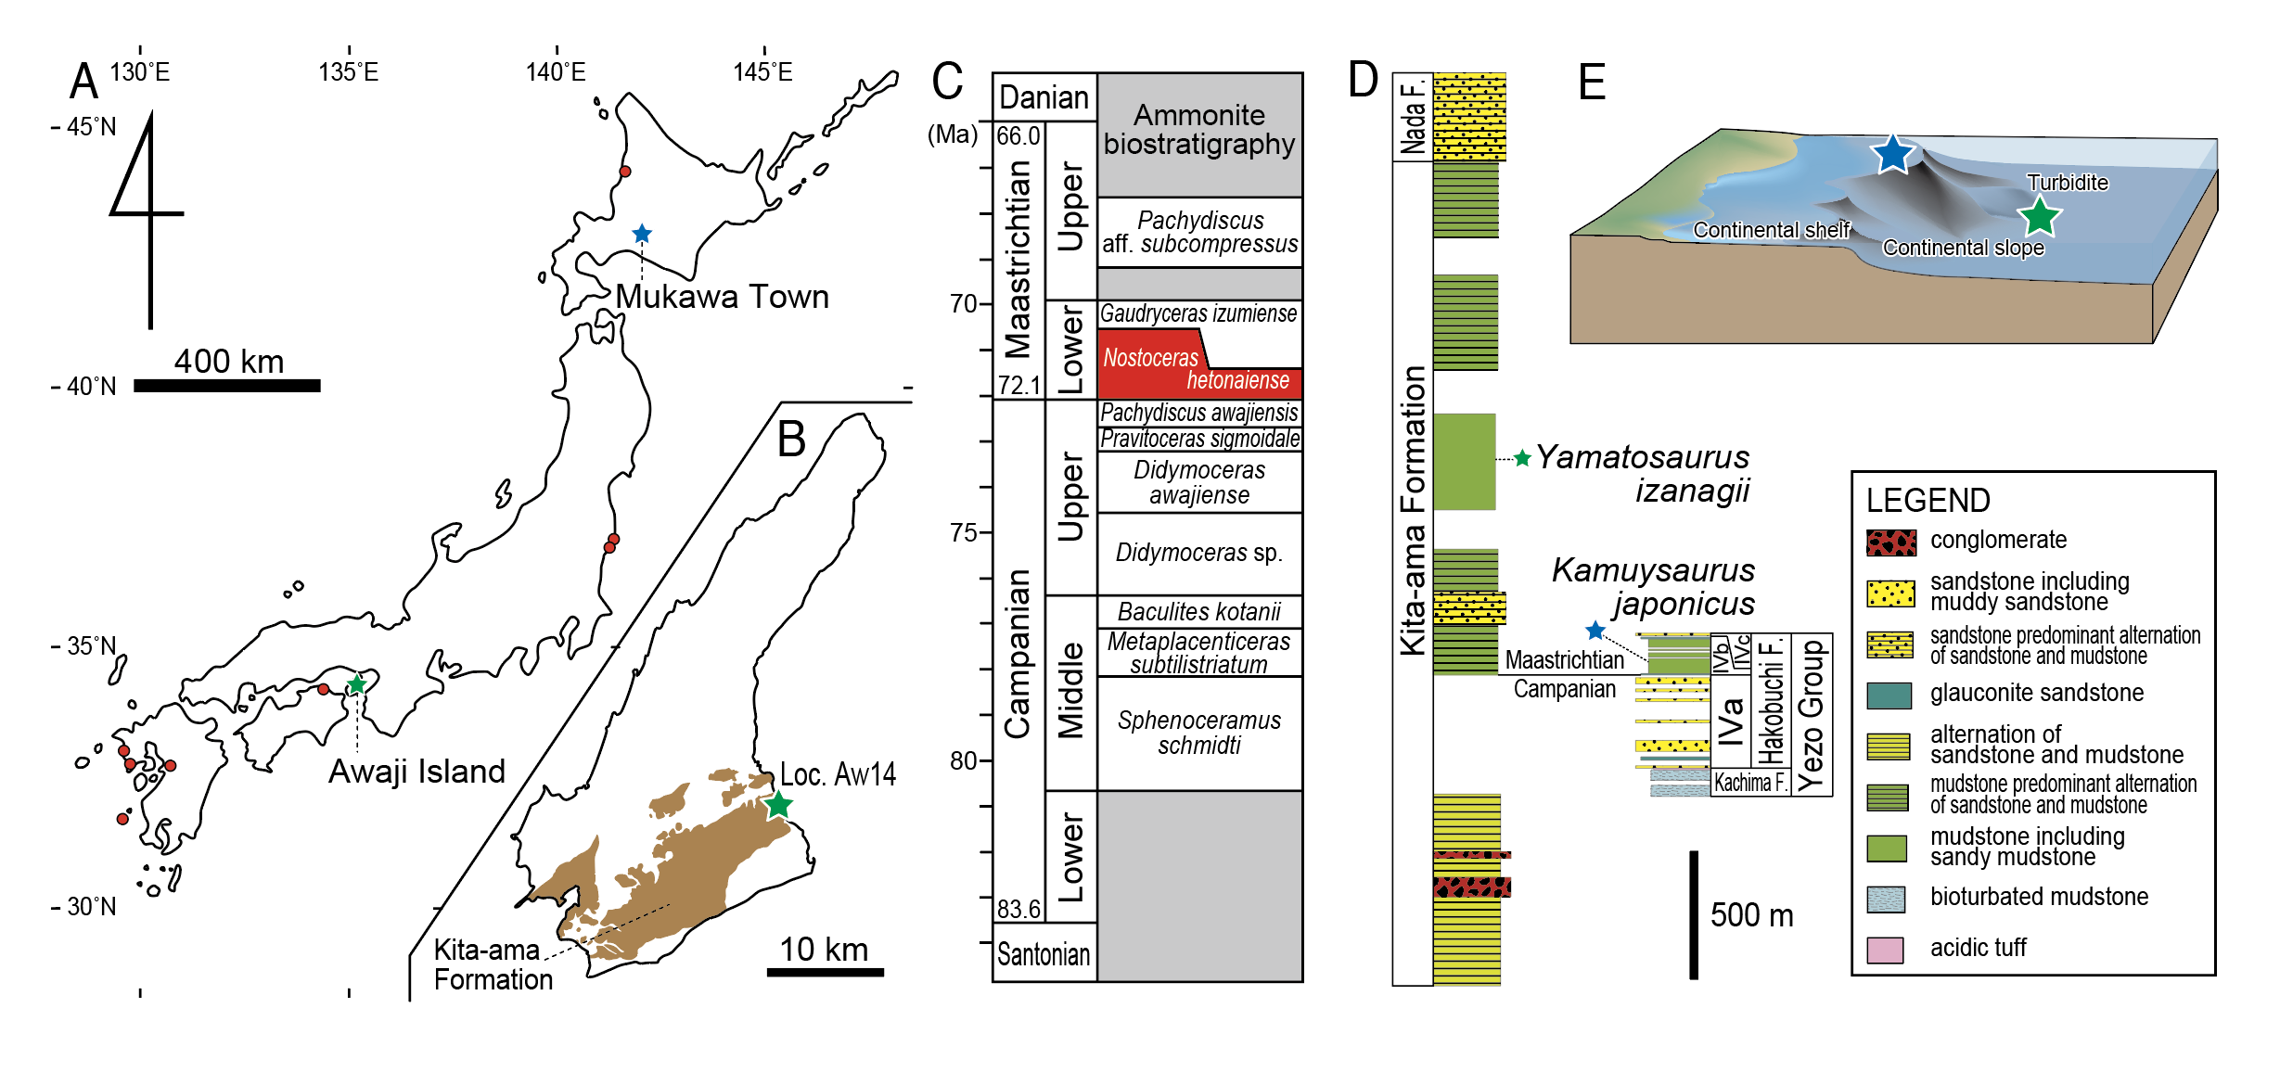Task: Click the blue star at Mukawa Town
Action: [642, 234]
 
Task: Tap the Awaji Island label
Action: [416, 772]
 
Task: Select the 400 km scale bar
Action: [227, 385]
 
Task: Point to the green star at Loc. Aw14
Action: [778, 804]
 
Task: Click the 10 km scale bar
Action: [825, 972]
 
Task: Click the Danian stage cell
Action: [1044, 97]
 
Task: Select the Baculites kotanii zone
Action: [1199, 612]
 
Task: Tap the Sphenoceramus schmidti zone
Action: [1199, 733]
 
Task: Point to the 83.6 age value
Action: [1018, 909]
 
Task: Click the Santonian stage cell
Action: [1044, 953]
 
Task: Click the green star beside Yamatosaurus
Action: [1522, 458]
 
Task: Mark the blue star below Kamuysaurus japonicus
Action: [1595, 631]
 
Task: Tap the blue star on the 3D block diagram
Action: [1891, 154]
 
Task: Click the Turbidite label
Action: [2067, 183]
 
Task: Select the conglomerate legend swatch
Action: [1890, 542]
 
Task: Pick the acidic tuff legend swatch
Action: [1885, 950]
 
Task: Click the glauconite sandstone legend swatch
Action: [1889, 695]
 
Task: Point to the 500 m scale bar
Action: [1694, 914]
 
